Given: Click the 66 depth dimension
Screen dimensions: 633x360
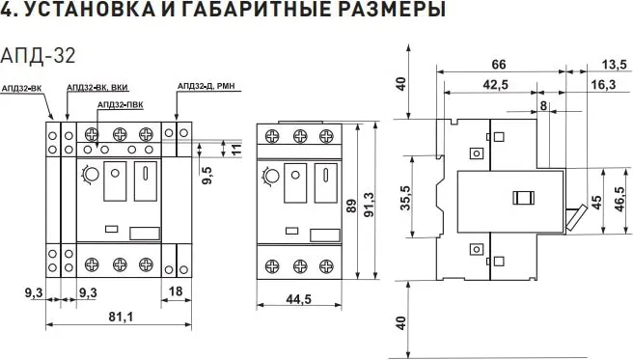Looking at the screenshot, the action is point(499,65).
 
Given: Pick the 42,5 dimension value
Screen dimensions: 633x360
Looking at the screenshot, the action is point(497,86).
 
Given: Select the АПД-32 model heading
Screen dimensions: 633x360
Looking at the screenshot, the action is point(39,53).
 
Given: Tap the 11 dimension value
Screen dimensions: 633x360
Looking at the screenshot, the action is point(234,150).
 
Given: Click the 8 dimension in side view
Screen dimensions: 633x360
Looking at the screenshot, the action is point(545,105).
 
